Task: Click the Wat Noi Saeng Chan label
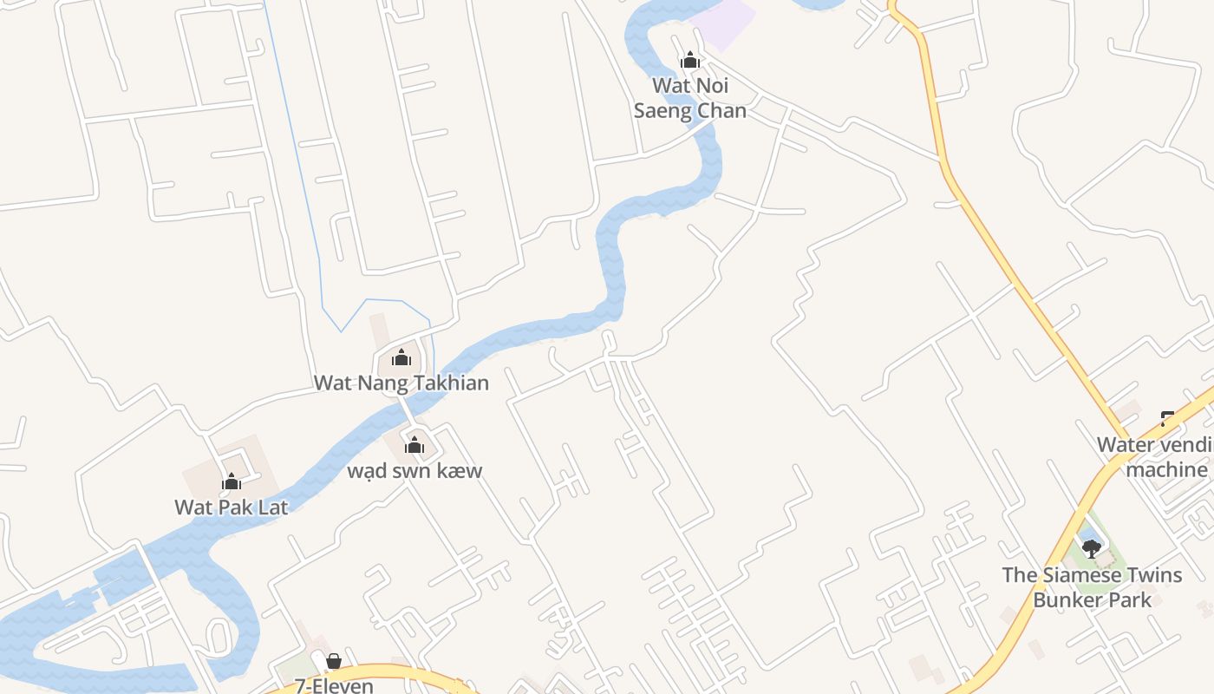point(690,98)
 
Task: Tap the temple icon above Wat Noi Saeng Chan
point(690,61)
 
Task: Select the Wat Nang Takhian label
point(401,383)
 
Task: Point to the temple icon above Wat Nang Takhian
point(401,357)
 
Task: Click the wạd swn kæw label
point(414,471)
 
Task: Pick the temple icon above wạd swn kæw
point(414,446)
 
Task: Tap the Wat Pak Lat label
point(231,507)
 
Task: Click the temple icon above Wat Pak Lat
point(232,481)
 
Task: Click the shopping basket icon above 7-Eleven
point(334,662)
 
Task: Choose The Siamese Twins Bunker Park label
point(1092,587)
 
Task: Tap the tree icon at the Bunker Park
point(1091,548)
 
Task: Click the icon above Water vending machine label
point(1167,420)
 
